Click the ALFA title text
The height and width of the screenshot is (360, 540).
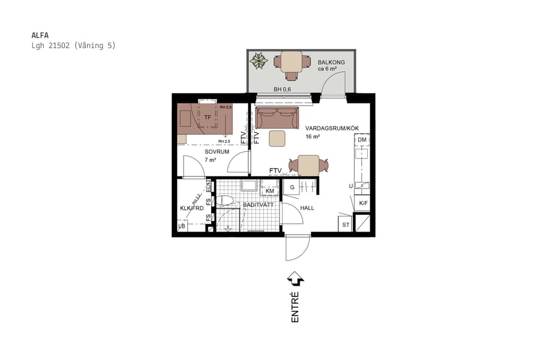[40, 35]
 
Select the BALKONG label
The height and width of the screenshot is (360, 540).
[331, 62]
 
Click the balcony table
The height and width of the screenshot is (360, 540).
[291, 61]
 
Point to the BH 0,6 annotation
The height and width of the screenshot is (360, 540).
[282, 89]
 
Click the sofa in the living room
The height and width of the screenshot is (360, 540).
[276, 118]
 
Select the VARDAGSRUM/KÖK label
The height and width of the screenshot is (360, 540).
[328, 128]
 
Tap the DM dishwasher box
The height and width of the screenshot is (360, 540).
[361, 140]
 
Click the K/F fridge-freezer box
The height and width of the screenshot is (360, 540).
[363, 204]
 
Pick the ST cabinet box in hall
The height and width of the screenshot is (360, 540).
[346, 225]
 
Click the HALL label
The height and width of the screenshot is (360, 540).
[307, 208]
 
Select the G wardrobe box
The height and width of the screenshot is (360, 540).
[292, 187]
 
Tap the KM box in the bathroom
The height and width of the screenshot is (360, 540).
[270, 191]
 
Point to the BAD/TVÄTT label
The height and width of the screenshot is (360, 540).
[259, 205]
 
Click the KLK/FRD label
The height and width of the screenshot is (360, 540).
[191, 209]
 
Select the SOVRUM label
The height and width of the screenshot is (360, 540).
[217, 152]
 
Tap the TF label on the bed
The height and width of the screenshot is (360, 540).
[208, 118]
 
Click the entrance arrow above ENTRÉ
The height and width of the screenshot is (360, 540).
[295, 278]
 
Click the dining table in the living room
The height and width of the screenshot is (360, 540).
[308, 165]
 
